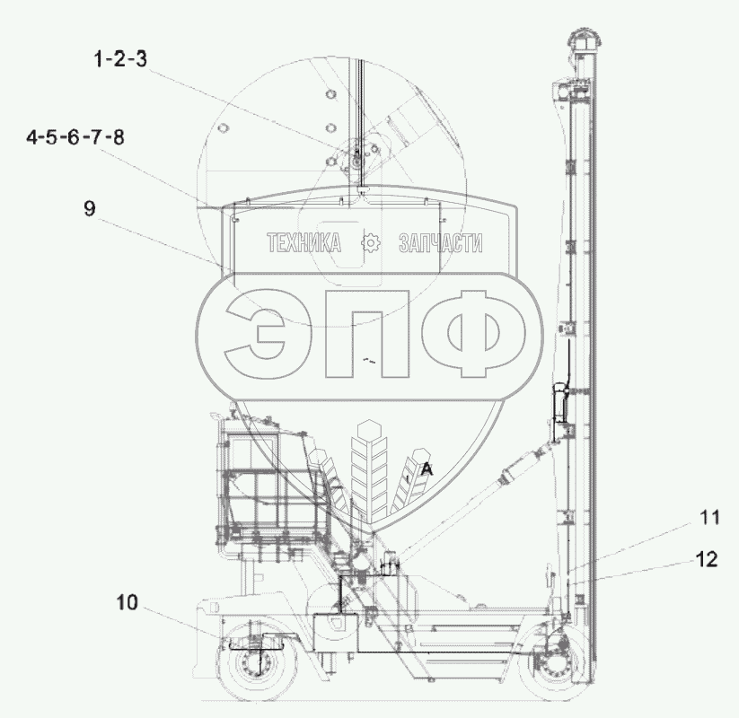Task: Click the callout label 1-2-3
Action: [120, 59]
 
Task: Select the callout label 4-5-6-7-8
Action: [75, 137]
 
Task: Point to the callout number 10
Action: [128, 602]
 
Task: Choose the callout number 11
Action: [708, 517]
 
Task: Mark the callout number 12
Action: [707, 559]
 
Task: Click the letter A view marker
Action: [427, 468]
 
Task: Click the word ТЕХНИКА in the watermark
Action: [304, 242]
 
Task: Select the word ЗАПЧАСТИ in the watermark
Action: [441, 242]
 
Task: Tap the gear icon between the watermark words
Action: [371, 242]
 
